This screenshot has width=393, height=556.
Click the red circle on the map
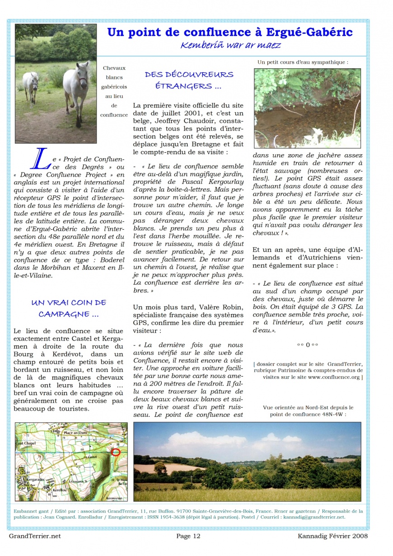pos(116,452)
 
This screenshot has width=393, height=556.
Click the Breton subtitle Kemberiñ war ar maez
pos(230,45)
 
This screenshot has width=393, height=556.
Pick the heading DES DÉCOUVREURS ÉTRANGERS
pos(189,80)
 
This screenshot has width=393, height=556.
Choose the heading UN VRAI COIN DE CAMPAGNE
pos(69,308)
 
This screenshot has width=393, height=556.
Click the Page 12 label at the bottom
pos(188,536)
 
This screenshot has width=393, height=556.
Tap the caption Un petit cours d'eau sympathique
pos(303,62)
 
